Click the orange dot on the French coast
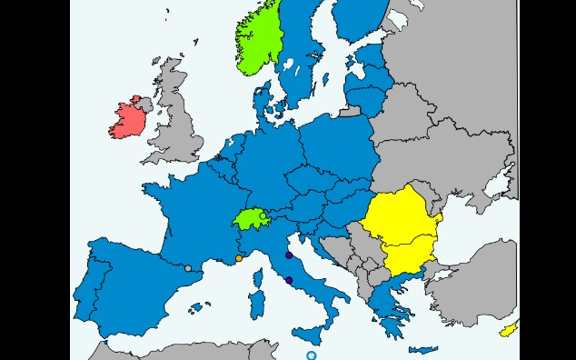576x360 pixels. click(239, 258)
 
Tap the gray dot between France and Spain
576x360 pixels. click(188, 268)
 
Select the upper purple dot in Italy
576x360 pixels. click(289, 255)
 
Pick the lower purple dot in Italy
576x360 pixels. click(289, 280)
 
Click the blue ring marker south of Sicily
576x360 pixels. click(312, 355)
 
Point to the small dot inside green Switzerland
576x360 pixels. click(263, 215)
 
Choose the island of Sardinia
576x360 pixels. click(256, 305)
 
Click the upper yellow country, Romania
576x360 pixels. click(400, 218)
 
